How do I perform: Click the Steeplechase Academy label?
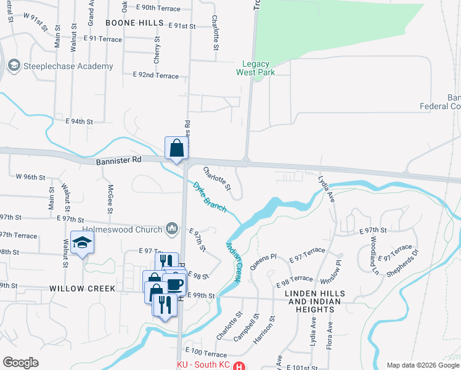68,66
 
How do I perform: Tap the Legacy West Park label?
258,67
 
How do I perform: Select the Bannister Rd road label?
119,160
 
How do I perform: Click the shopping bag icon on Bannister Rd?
176,149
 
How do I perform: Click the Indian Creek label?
233,262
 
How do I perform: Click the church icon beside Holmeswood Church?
172,229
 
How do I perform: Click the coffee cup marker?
174,284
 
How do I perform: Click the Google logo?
20,362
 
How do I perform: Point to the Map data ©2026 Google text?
423,364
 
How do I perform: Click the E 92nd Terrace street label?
155,76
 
